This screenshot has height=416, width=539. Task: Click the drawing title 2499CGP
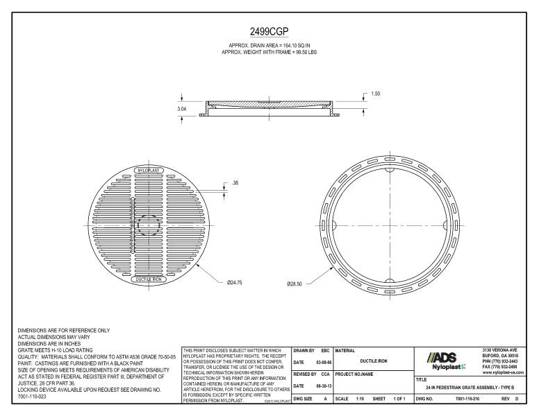(269, 31)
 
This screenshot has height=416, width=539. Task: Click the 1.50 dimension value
(375, 94)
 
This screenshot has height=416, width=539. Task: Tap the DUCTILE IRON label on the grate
(147, 279)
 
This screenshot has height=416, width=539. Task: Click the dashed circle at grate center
(147, 225)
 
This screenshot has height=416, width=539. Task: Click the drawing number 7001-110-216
(467, 399)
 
